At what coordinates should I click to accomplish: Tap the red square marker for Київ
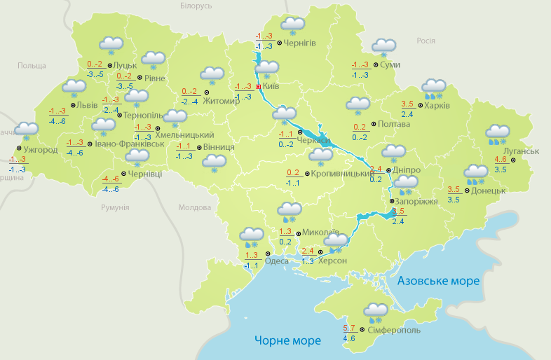point(258,87)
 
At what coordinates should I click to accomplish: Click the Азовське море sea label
point(438,281)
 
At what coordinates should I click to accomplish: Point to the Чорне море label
point(287,341)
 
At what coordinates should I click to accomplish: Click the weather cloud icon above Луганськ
point(498,133)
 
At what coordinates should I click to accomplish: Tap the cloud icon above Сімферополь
point(376,311)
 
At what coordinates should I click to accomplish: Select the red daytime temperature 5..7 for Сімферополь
point(349,328)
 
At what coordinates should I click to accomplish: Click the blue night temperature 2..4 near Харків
point(407,114)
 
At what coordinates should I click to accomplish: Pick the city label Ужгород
point(40,149)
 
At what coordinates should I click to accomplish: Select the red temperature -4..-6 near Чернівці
point(110,179)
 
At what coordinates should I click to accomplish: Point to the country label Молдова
point(194,208)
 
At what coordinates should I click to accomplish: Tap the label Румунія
point(115,208)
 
